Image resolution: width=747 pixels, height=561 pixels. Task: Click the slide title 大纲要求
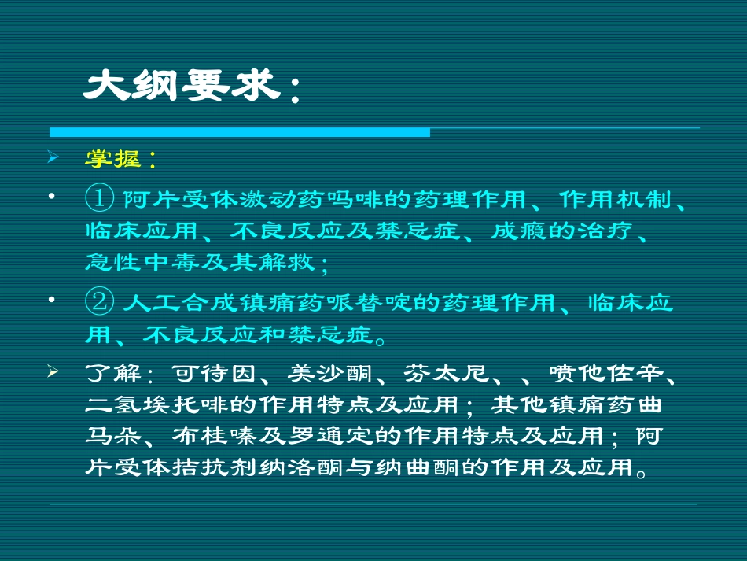pyautogui.click(x=182, y=87)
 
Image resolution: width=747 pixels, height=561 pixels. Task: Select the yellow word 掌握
pyautogui.click(x=112, y=159)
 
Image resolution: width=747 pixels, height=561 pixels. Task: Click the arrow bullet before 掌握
pyautogui.click(x=53, y=158)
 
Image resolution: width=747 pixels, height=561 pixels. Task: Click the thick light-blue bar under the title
pyautogui.click(x=240, y=131)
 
